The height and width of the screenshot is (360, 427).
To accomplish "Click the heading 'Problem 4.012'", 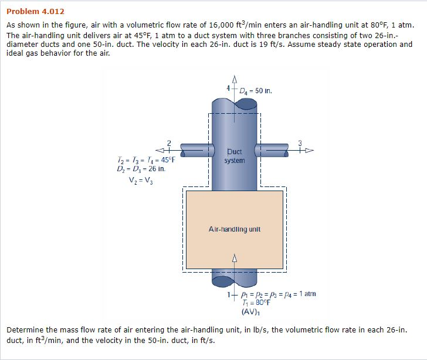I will tap(35, 11).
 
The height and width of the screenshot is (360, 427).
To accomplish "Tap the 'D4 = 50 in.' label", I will tap(255, 91).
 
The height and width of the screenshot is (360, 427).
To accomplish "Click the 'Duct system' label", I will tap(235, 155).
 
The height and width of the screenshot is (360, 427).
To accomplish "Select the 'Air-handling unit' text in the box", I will tap(235, 229).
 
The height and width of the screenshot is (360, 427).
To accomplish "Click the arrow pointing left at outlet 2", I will tap(162, 150).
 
